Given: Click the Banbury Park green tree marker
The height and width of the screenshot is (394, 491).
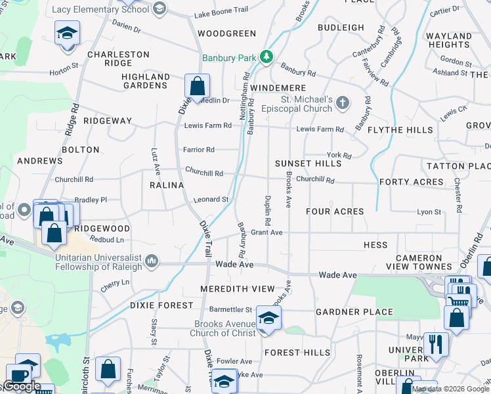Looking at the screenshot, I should click(x=267, y=58).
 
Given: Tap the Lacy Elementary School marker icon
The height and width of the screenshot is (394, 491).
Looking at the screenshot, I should click(x=158, y=9).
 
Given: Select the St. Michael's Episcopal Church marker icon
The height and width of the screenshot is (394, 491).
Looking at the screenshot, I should click(x=343, y=102).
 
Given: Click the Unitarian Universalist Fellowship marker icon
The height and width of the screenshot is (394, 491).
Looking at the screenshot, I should click(x=152, y=262).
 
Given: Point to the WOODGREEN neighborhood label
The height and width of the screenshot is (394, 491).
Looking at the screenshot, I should click(x=226, y=33).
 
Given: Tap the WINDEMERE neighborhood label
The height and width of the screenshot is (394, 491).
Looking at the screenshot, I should click(x=278, y=88).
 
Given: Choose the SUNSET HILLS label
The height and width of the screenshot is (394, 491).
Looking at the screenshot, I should click(x=308, y=164).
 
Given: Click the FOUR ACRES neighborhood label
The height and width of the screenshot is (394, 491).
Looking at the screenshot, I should click(x=335, y=211).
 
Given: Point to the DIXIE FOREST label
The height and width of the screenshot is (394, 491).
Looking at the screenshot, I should click(x=161, y=305).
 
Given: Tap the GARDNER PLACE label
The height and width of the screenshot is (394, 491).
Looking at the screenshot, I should click(x=354, y=312).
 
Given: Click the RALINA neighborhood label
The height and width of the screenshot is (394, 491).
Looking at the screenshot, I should click(x=167, y=185).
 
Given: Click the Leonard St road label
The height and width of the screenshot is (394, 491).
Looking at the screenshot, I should click(x=210, y=200).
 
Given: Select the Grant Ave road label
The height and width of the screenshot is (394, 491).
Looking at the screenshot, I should click(x=267, y=232).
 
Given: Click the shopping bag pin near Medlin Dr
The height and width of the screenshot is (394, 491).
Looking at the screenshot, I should click(x=197, y=87).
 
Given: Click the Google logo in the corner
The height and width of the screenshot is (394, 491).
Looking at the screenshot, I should click(x=22, y=386).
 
